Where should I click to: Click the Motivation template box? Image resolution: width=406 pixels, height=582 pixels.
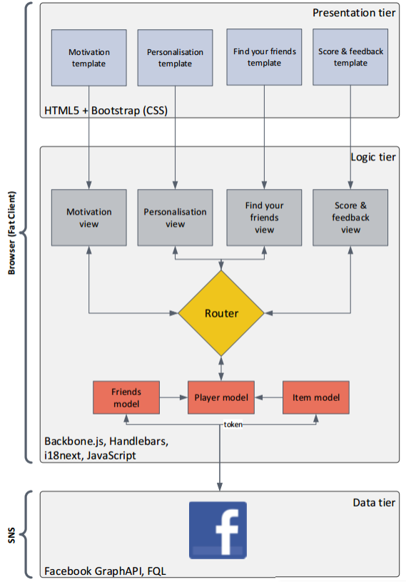tap(88, 58)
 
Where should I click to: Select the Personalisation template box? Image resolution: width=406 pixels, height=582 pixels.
tap(175, 58)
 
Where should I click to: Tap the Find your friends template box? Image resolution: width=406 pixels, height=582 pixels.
tap(264, 57)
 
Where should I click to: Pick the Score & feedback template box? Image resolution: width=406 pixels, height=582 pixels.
tap(350, 57)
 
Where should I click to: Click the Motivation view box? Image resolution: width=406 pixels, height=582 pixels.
tap(88, 218)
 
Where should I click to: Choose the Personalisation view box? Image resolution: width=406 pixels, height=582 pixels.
tap(175, 218)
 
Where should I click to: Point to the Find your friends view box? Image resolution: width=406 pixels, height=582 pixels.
tap(264, 218)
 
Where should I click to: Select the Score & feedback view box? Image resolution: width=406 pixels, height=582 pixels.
tap(350, 218)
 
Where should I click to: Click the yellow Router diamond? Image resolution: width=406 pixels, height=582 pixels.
tap(221, 313)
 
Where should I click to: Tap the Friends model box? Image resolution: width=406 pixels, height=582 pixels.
tap(126, 397)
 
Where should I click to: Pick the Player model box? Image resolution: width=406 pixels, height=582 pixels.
tap(221, 397)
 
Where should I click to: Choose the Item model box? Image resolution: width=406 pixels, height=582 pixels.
tap(316, 397)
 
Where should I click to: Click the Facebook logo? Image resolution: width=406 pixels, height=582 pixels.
tap(218, 530)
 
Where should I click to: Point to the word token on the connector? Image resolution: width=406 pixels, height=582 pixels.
tap(233, 424)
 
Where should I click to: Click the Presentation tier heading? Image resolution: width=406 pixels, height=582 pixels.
tap(354, 13)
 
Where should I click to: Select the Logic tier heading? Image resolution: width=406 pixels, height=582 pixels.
tap(373, 157)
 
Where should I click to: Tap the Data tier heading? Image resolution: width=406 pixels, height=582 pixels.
tap(374, 503)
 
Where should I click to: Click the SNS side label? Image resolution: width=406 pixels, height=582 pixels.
tap(11, 535)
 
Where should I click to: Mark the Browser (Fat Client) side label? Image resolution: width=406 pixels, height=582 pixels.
tap(11, 233)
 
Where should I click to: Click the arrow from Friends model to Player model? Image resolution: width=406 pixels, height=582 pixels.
tap(173, 397)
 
